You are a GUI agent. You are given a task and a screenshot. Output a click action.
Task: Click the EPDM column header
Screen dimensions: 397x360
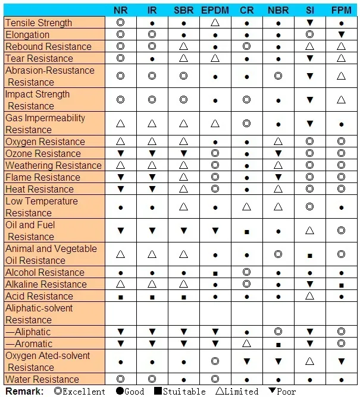(215, 10)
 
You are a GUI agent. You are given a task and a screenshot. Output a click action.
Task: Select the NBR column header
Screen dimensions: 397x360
(278, 10)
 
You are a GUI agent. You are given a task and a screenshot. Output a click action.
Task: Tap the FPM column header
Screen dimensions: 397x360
(341, 10)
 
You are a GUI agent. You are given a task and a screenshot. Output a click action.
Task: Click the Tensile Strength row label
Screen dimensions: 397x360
(39, 23)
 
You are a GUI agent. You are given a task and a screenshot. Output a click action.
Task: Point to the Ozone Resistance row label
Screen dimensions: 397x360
(43, 153)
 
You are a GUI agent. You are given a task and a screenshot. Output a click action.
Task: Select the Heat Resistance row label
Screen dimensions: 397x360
(40, 189)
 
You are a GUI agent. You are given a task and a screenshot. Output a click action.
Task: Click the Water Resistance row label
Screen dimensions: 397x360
(42, 379)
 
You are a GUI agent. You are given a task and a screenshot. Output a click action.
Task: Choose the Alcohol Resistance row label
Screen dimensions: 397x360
(45, 272)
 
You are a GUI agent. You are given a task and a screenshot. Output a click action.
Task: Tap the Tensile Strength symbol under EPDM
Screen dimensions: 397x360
(215, 23)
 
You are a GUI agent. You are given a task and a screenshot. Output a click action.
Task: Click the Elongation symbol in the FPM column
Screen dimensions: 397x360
(341, 34)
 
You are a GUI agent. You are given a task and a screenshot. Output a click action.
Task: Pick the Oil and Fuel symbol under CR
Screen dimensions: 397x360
(246, 231)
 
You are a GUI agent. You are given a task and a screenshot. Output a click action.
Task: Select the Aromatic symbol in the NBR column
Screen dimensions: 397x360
(278, 344)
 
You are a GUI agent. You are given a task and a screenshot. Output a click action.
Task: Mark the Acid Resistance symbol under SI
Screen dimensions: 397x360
(309, 296)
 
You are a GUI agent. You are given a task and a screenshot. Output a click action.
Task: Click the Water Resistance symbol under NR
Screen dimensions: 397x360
(120, 379)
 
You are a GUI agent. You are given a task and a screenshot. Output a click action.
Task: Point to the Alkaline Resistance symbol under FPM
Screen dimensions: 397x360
(341, 284)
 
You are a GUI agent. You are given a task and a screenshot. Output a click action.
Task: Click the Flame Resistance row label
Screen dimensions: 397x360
(43, 177)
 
